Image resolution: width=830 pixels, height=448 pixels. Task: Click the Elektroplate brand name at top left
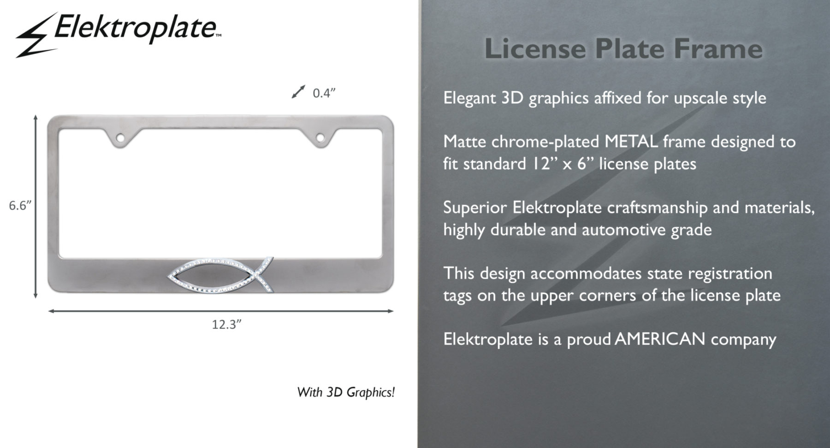click(x=136, y=28)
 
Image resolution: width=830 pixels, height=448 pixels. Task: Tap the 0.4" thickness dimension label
click(x=324, y=93)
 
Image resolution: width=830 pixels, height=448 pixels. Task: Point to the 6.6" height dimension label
click(x=20, y=205)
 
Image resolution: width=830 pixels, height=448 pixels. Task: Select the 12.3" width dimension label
click(x=226, y=324)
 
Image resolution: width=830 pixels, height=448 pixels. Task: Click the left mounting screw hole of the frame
click(x=120, y=137)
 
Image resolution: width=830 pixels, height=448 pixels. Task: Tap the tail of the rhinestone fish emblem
click(x=265, y=275)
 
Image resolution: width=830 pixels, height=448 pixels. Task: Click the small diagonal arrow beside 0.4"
click(x=298, y=91)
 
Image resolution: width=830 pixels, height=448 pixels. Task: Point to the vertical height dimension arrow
click(x=36, y=206)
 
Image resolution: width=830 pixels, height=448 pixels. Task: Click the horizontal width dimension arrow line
click(x=221, y=311)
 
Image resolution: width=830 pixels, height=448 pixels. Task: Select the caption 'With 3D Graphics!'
click(x=346, y=392)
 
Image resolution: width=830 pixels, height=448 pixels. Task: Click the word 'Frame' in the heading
click(x=718, y=48)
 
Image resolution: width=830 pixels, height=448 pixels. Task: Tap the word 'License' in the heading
click(x=535, y=48)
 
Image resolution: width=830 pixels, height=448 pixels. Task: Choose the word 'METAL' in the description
click(x=631, y=141)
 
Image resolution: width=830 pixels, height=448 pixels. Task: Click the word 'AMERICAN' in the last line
click(x=660, y=339)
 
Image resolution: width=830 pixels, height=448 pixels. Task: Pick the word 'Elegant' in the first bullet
click(x=470, y=98)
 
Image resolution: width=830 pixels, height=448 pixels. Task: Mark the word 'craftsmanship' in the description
click(x=657, y=208)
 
